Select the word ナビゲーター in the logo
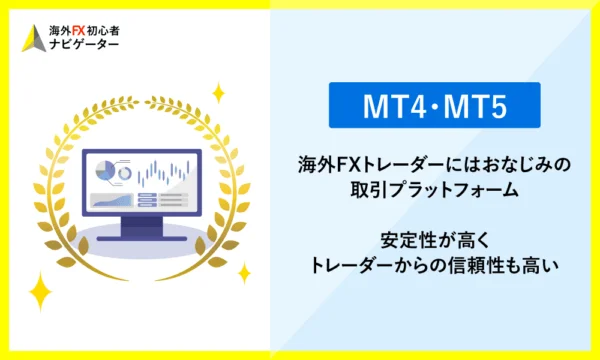click(83, 47)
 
